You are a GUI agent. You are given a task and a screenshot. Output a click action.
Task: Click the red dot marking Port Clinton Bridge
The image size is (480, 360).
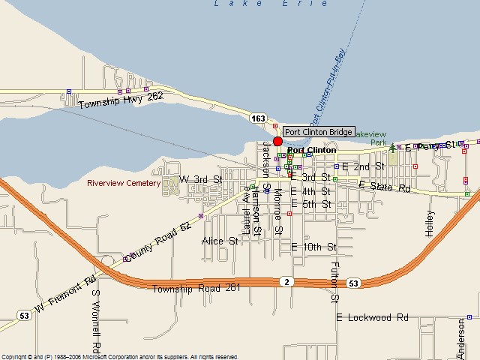(277, 141)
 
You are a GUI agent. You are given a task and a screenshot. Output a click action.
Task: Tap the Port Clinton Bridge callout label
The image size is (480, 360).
(319, 132)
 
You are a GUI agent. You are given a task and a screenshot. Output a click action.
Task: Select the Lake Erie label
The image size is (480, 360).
(271, 4)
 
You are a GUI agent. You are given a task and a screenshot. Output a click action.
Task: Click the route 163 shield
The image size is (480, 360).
(259, 118)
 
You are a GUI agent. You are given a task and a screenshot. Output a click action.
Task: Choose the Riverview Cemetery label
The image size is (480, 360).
(124, 183)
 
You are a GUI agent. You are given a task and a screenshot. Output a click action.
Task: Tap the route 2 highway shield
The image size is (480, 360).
(286, 281)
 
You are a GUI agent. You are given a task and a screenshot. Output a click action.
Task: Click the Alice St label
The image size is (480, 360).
(220, 241)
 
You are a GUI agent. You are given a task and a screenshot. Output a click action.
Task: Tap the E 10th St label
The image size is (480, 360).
(313, 246)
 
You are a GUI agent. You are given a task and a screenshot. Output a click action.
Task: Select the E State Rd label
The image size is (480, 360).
(385, 186)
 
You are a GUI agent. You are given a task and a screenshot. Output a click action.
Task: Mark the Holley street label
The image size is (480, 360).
(430, 223)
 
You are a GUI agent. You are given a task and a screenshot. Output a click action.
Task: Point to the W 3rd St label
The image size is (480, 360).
(202, 180)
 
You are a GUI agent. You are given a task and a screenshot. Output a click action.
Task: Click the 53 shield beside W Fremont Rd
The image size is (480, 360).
(24, 316)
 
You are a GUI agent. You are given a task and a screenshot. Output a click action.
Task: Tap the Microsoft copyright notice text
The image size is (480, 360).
(120, 356)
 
